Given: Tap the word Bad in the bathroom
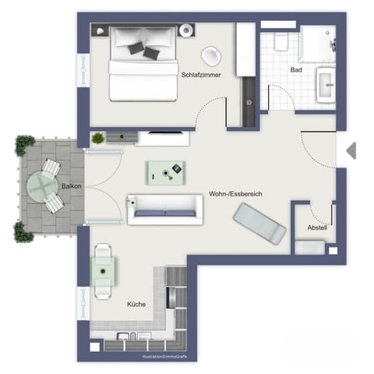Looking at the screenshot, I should pos(295,69).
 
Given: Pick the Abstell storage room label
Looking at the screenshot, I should pos(316,228).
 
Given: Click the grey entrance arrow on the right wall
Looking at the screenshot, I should pos(351,150).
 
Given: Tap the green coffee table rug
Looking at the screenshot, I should pos(166,171).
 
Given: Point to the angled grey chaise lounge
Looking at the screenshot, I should pos(259,223).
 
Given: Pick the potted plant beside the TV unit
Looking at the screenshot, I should pos(98,139).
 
